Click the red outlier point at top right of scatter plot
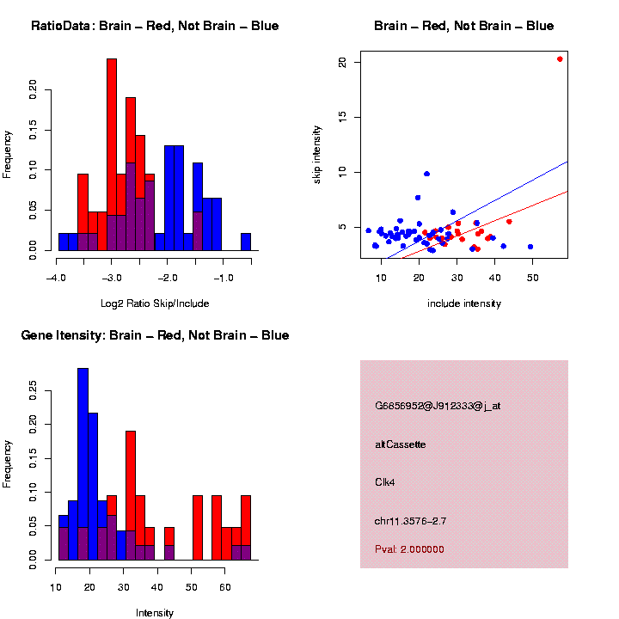560,59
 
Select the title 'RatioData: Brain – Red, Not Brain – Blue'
155,26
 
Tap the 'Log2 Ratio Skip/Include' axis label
155,303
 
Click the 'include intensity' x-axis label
464,303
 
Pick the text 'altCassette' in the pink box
401,444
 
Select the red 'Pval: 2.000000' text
409,549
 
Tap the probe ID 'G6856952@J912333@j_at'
438,406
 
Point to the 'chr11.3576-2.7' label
411,521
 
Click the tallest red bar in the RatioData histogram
112,155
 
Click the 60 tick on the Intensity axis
224,588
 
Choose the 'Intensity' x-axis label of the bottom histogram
155,613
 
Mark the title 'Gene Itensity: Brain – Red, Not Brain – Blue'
155,335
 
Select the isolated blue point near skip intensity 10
426,174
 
